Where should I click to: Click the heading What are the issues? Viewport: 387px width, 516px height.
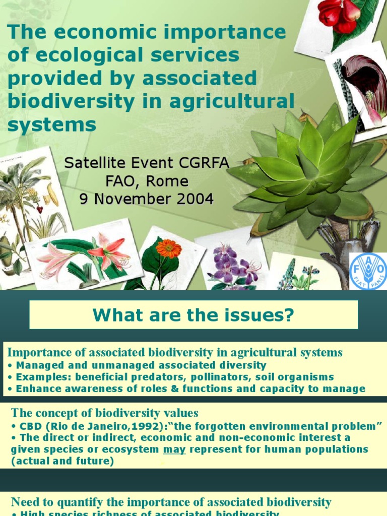click(193, 316)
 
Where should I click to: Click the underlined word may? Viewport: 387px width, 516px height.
click(174, 449)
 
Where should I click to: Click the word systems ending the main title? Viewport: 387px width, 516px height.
click(52, 124)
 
